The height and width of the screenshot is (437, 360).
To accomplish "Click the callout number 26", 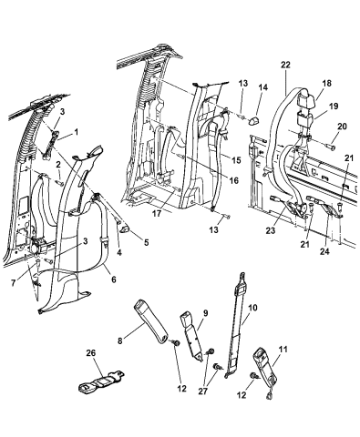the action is pos(90,353).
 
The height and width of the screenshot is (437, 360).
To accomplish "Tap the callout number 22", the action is pos(285,65).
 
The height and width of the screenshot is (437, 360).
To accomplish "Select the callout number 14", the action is pos(263,87).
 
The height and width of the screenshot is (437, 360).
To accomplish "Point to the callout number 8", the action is pos(120,340).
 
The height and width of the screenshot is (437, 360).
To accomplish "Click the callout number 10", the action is pos(252,308).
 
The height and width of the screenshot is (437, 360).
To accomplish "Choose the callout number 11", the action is pos(283,350).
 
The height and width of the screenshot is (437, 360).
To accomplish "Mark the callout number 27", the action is pos(203,391).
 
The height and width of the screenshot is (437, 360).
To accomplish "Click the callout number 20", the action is pos(342,126).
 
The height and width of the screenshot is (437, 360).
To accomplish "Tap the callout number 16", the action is pos(234,180).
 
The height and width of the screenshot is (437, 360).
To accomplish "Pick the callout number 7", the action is pos(13,283).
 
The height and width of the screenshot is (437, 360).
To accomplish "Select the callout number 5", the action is pos(147,243).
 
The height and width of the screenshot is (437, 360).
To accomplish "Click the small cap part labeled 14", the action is pos(253,121).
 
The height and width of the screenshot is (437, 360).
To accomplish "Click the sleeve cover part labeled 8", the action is pos(151,321).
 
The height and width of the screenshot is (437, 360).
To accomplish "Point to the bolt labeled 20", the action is pos(331,147).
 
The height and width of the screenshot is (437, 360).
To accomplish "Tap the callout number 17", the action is pos(157,213).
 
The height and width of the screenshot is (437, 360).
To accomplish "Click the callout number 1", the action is pos(76,132).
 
